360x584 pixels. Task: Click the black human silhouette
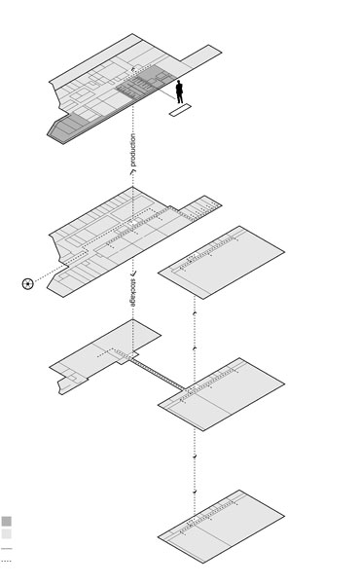click(179, 92)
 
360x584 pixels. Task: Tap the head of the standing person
click(179, 82)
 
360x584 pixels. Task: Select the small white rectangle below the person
click(180, 110)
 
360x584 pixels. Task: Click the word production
click(133, 150)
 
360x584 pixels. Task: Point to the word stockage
click(133, 293)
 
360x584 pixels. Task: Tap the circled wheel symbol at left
click(28, 284)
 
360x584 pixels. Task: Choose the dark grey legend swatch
click(7, 521)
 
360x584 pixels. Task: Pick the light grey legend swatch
click(7, 533)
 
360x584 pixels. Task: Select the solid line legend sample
click(7, 549)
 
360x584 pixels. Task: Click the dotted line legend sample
click(7, 561)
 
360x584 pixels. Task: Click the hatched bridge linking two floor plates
click(157, 375)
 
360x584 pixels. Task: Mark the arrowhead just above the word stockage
click(133, 274)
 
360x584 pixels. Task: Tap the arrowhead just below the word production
click(132, 172)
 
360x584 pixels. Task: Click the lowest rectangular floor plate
click(221, 527)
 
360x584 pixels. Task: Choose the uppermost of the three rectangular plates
click(221, 262)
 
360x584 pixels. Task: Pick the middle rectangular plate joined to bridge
click(221, 394)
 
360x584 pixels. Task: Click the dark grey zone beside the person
click(145, 82)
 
